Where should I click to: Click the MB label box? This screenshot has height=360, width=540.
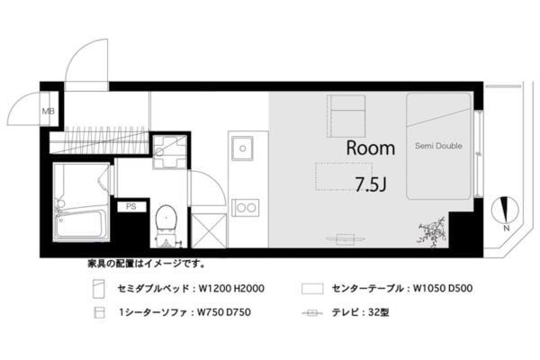tap(48, 112)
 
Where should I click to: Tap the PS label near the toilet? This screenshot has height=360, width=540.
tap(131, 206)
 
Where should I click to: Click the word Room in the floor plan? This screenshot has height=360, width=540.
tap(370, 148)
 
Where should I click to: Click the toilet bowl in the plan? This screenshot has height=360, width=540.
tap(165, 219)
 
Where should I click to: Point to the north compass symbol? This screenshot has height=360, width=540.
tap(507, 211)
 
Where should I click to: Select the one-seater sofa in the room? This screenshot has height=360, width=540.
tap(345, 114)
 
